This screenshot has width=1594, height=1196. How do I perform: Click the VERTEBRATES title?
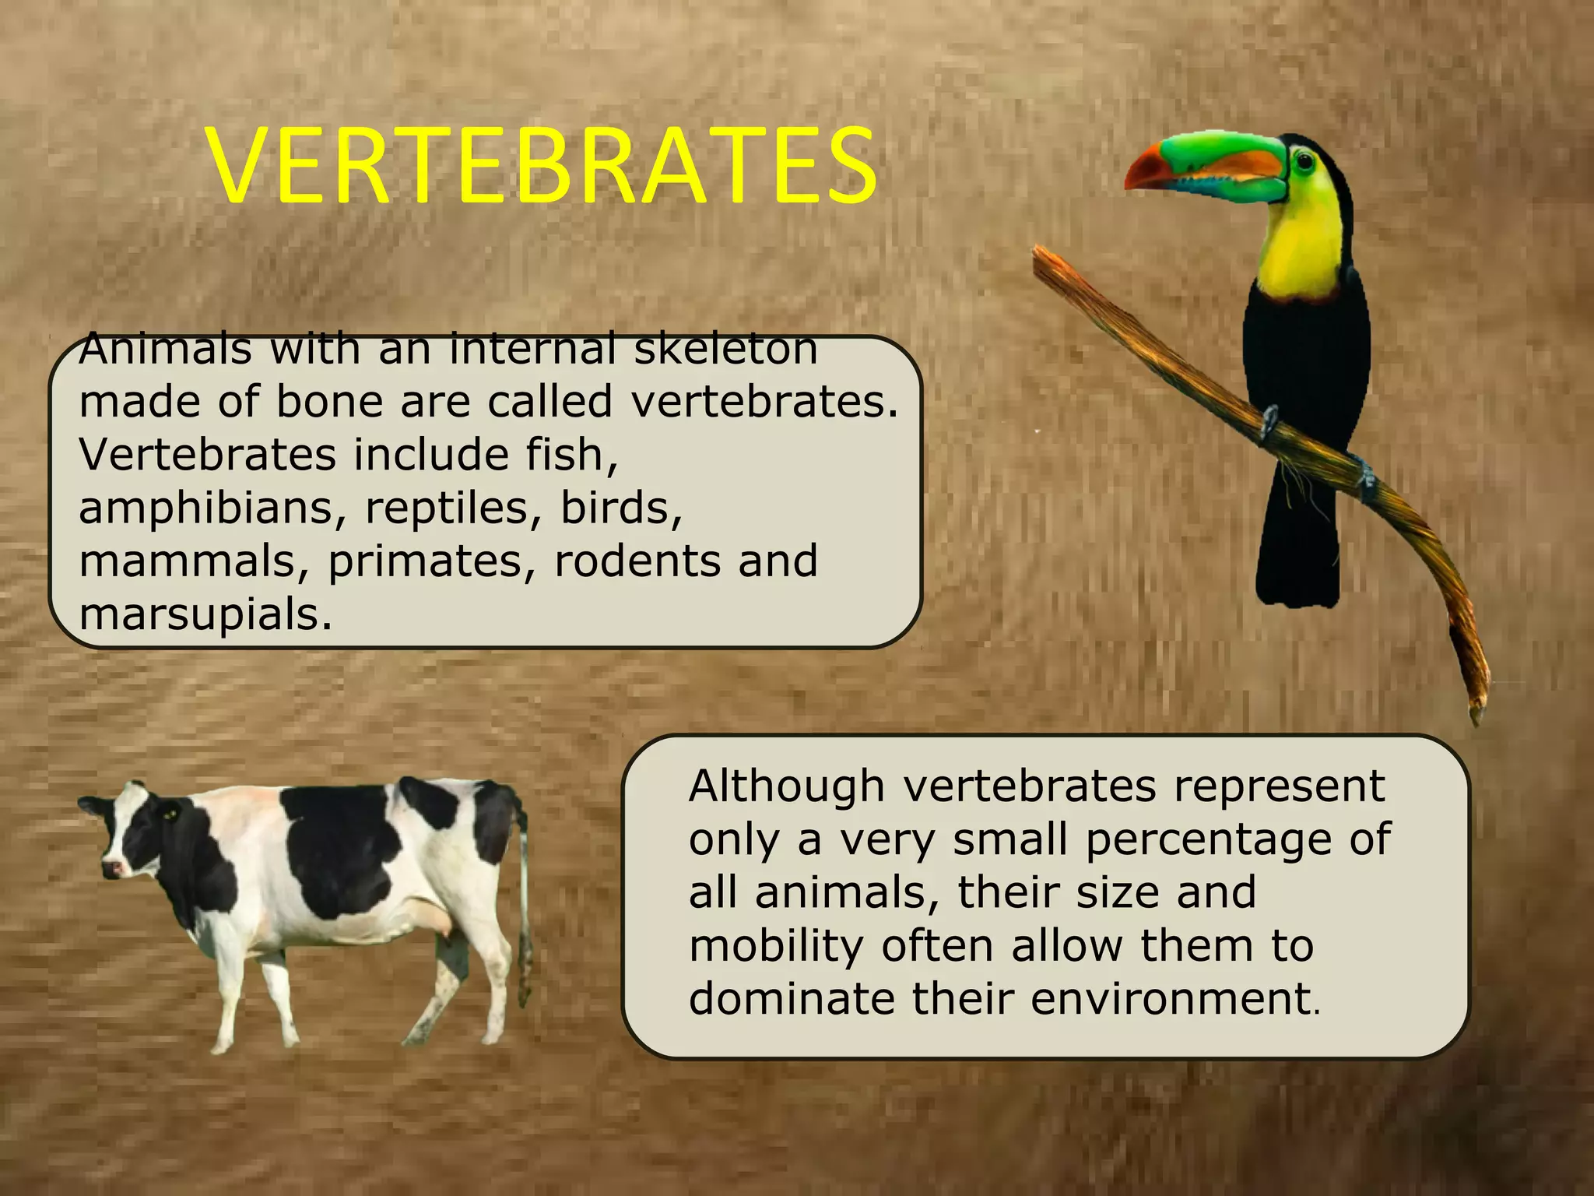(x=542, y=167)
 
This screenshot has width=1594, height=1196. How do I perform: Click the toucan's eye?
(x=1302, y=160)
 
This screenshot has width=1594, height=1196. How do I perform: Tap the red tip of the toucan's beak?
(x=1141, y=176)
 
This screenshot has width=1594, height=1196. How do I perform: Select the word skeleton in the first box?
(x=725, y=350)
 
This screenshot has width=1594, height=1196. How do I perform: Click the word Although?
(x=787, y=786)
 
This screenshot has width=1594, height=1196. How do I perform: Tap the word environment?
(x=1171, y=999)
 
